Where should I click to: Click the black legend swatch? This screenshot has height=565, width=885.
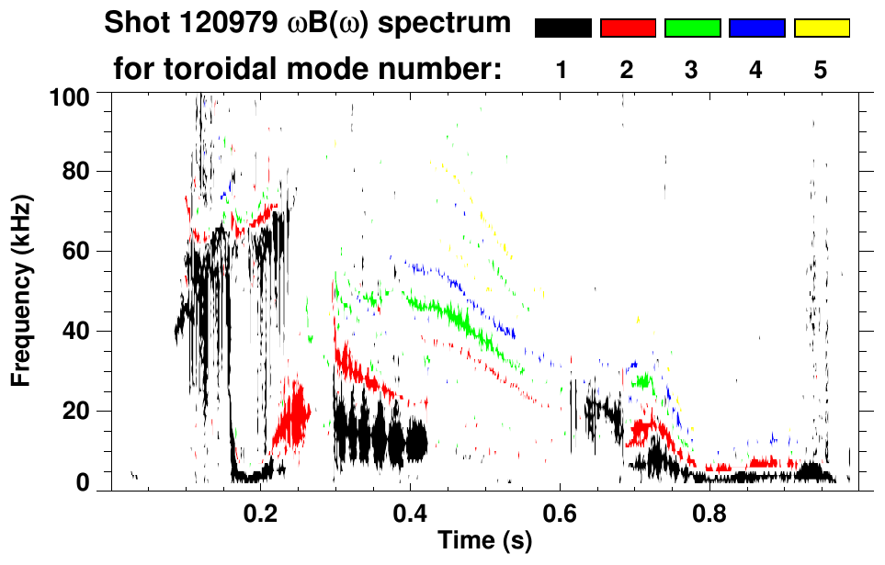pyautogui.click(x=562, y=28)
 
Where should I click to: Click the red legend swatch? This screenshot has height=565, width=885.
pyautogui.click(x=628, y=28)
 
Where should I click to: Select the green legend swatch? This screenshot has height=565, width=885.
pyautogui.click(x=692, y=28)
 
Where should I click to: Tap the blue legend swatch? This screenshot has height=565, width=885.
pyautogui.click(x=756, y=28)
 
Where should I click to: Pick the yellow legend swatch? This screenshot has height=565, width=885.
pyautogui.click(x=821, y=28)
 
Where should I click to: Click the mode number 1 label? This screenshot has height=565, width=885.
pyautogui.click(x=562, y=70)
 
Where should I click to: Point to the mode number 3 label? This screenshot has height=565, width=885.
pyautogui.click(x=692, y=70)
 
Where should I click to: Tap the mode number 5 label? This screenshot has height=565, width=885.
pyautogui.click(x=821, y=70)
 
